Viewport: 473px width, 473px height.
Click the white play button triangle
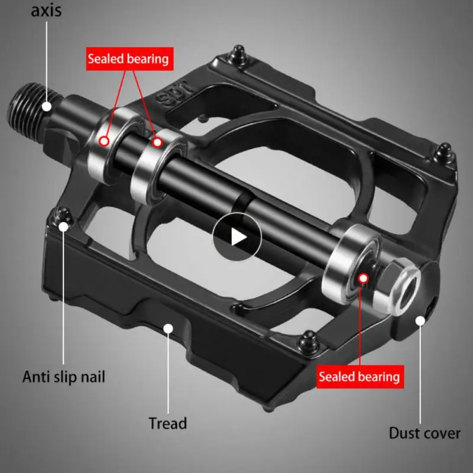[x=238, y=237]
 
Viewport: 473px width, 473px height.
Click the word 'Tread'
[x=167, y=423]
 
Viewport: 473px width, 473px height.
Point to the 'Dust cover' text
[x=424, y=433]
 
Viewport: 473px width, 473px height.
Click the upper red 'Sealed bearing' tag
[x=128, y=59]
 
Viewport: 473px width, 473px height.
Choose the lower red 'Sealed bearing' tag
[x=359, y=376]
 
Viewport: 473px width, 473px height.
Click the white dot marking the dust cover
[x=421, y=320]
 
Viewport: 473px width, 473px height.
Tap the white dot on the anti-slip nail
[x=64, y=225]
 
